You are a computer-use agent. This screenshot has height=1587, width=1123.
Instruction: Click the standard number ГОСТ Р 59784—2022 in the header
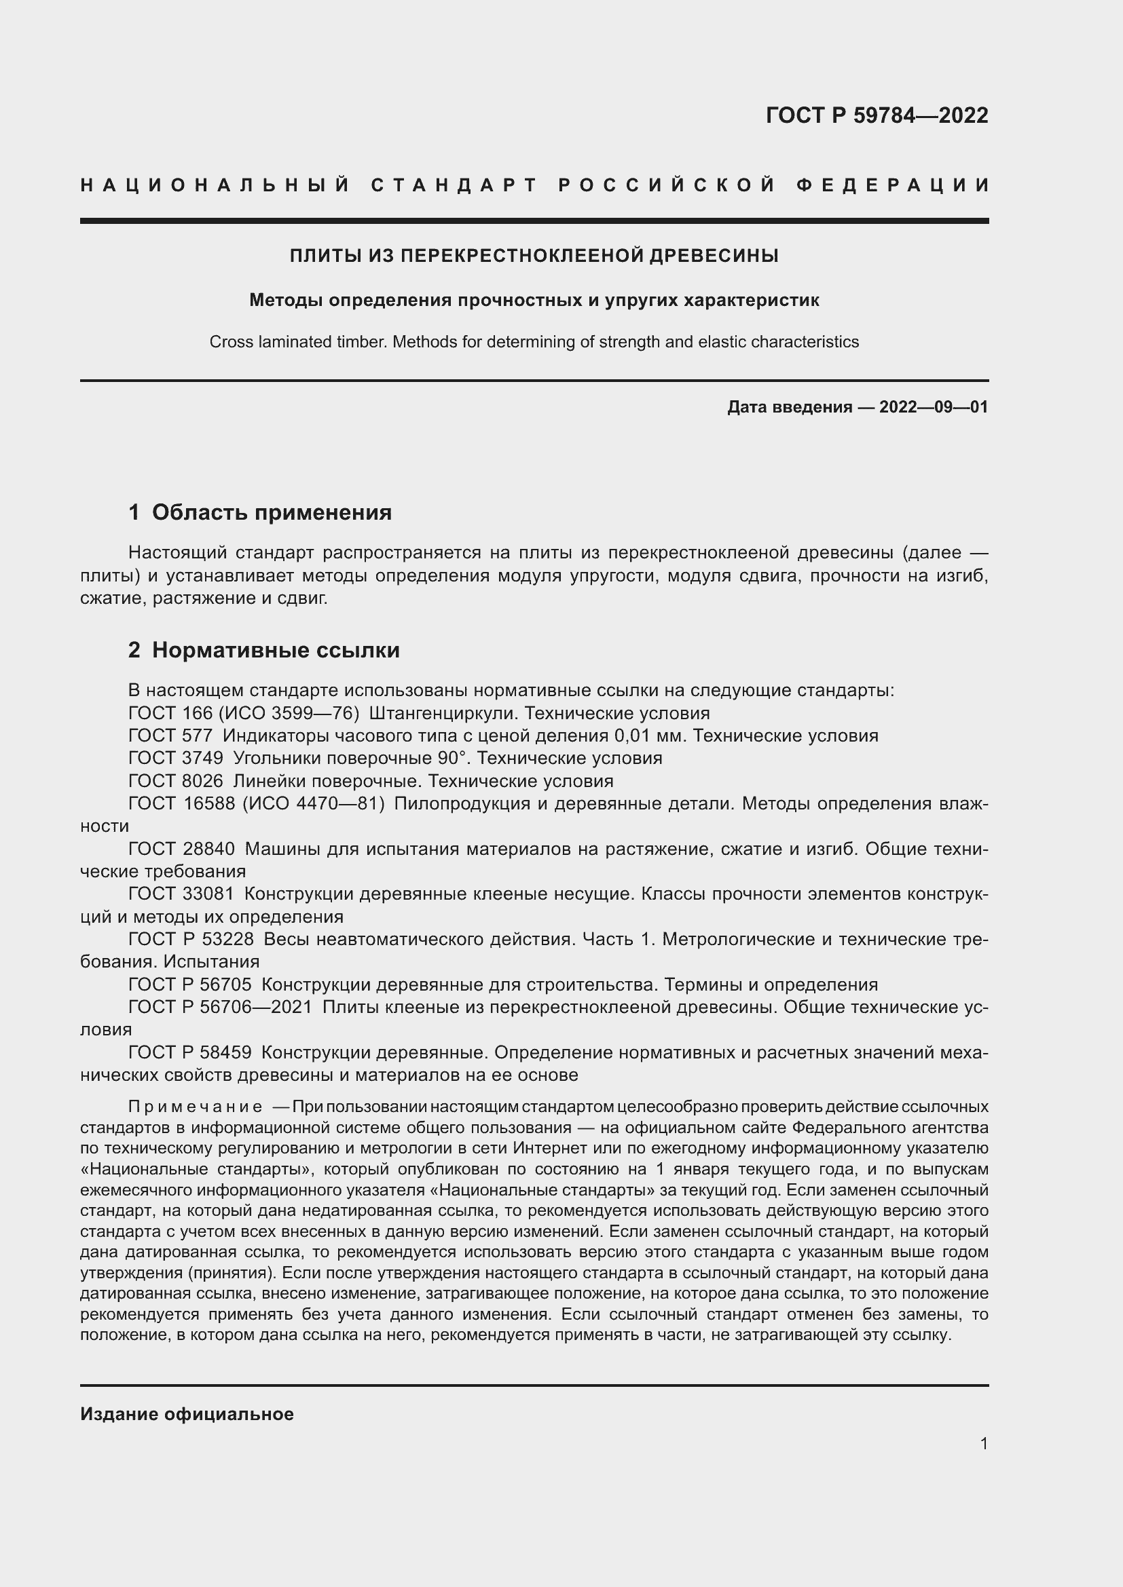pyautogui.click(x=876, y=115)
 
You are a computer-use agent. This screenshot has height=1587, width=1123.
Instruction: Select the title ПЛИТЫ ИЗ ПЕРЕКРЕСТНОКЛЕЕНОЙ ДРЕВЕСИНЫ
pyautogui.click(x=534, y=256)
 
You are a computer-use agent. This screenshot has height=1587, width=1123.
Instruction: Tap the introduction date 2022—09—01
pyautogui.click(x=934, y=407)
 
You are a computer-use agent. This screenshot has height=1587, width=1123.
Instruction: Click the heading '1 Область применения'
pyautogui.click(x=260, y=512)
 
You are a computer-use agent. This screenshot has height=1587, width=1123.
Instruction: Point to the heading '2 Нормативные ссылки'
pyautogui.click(x=264, y=651)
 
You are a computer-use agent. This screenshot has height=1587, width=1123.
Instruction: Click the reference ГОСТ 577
pyautogui.click(x=170, y=735)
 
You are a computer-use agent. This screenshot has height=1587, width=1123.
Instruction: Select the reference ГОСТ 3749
pyautogui.click(x=176, y=759)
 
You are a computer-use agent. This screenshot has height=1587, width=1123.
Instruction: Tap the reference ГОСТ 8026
pyautogui.click(x=176, y=781)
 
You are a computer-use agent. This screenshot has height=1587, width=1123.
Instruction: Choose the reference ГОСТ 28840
pyautogui.click(x=181, y=849)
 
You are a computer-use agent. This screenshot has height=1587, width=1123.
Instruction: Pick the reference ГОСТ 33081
pyautogui.click(x=181, y=894)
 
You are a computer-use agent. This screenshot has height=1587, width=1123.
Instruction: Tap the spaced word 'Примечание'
pyautogui.click(x=195, y=1107)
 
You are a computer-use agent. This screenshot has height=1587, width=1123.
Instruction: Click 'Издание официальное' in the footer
pyautogui.click(x=187, y=1414)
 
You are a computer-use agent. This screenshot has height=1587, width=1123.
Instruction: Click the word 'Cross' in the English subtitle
pyautogui.click(x=229, y=342)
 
